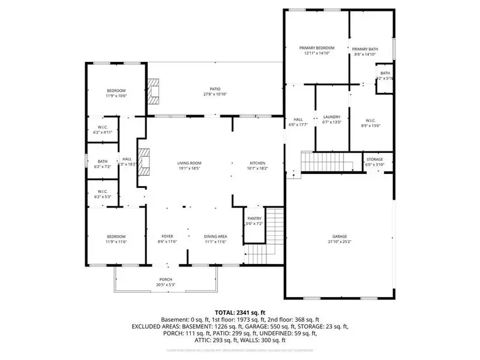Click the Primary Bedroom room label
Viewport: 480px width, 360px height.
pyautogui.click(x=317, y=48)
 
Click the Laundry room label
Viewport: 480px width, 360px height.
pyautogui.click(x=332, y=117)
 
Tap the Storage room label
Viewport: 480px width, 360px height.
pyautogui.click(x=375, y=159)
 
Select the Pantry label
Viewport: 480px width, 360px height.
pyautogui.click(x=254, y=219)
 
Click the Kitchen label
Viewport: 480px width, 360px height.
pyautogui.click(x=257, y=163)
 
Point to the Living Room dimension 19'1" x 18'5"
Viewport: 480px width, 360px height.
pyautogui.click(x=188, y=169)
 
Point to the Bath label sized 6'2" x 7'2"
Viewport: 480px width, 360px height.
pyautogui.click(x=102, y=161)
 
